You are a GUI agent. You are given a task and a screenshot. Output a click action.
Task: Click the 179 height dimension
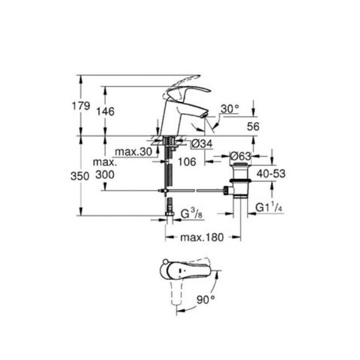(x=81, y=106)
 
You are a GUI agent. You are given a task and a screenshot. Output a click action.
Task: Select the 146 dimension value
(x=106, y=111)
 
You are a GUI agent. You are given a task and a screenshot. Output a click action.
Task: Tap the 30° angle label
(x=230, y=109)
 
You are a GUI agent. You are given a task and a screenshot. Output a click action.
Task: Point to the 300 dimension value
(x=105, y=175)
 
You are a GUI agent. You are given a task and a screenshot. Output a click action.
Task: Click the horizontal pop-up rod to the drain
(x=194, y=191)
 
